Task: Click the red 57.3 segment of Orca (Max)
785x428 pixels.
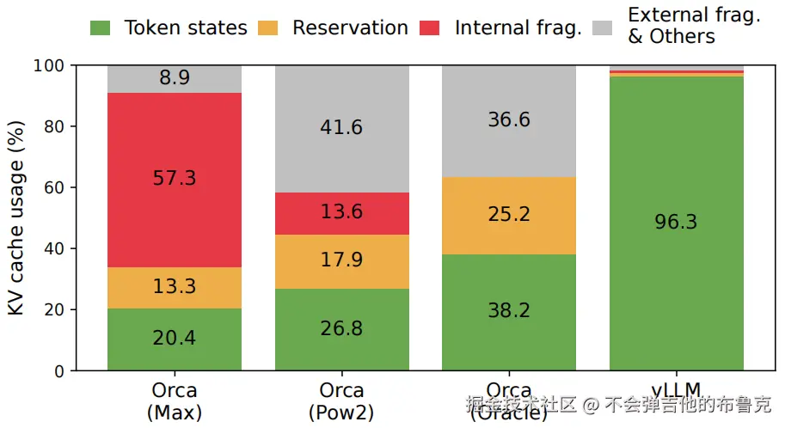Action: [175, 180]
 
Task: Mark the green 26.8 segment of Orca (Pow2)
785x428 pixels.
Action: [341, 329]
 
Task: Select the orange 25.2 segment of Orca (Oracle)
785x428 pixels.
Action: [509, 215]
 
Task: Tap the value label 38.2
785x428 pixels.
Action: [509, 311]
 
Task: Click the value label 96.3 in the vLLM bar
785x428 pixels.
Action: [677, 223]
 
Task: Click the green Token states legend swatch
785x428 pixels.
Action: [101, 28]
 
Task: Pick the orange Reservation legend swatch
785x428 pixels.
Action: [270, 28]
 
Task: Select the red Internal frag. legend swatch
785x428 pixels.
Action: [432, 28]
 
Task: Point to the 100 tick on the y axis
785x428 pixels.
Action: [52, 66]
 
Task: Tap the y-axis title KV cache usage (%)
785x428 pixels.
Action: [16, 218]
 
